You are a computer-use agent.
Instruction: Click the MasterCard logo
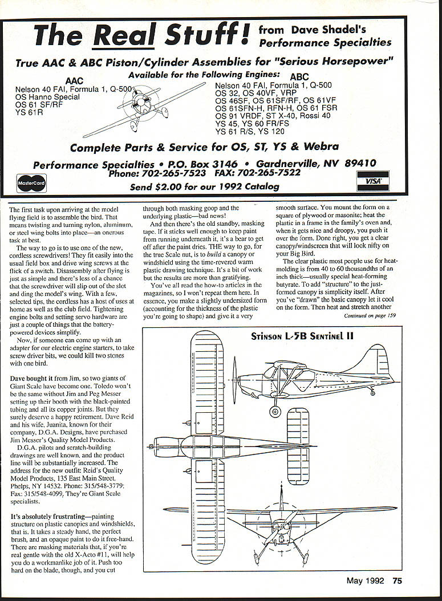point(31,182)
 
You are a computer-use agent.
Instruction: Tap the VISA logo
point(374,180)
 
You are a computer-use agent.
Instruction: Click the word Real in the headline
point(125,35)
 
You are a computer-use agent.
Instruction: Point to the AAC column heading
point(75,82)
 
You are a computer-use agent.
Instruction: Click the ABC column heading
point(299,77)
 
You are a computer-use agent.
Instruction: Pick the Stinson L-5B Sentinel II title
point(302,336)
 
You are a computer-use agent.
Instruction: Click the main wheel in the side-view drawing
point(275,411)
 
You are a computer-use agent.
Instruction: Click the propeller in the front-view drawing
point(283,520)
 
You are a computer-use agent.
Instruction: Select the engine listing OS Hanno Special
point(47,97)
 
